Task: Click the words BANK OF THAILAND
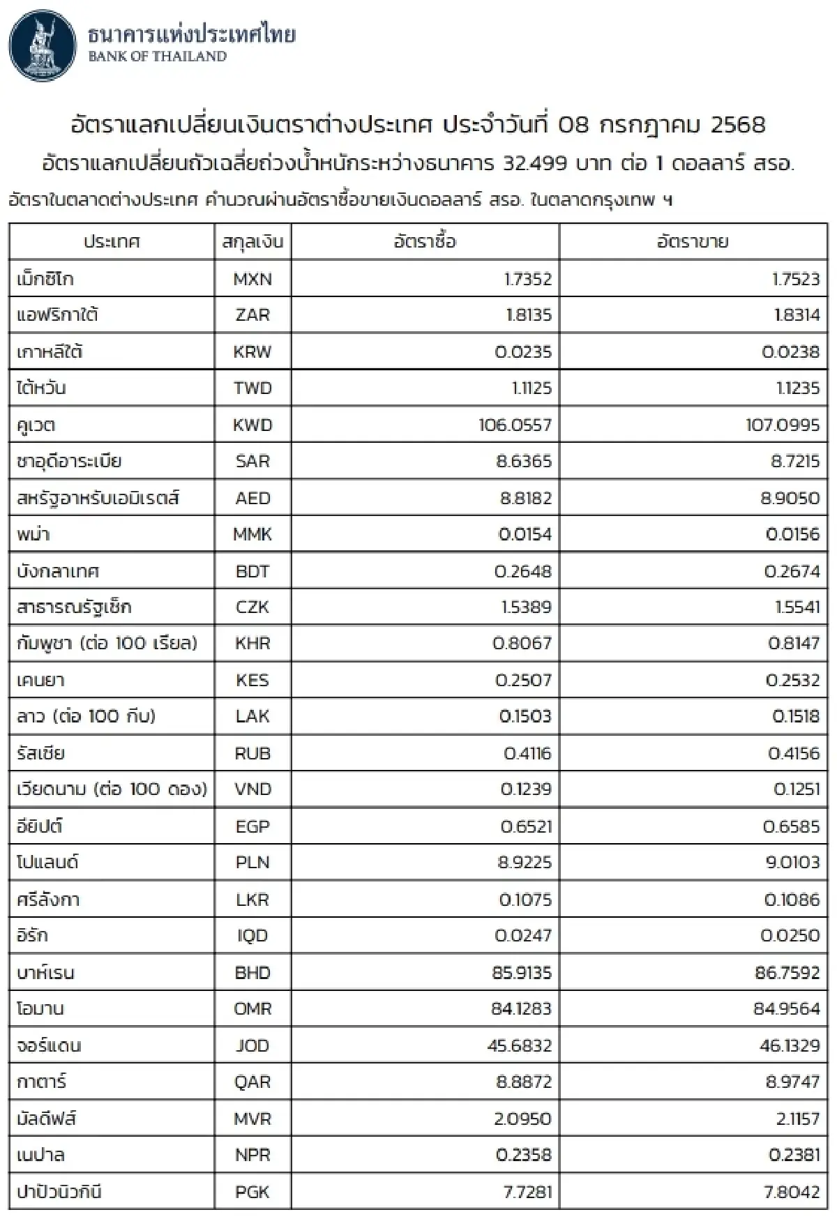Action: (158, 57)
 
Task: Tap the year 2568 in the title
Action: (738, 125)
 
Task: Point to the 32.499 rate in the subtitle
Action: (535, 164)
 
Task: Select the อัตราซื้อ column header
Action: (425, 242)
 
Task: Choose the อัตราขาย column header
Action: (693, 242)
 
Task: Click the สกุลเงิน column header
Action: (252, 242)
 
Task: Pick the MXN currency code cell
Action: (252, 279)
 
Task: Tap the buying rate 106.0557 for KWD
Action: (515, 425)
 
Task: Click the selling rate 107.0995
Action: (783, 425)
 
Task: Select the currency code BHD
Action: (252, 973)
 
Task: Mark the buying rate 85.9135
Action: (522, 973)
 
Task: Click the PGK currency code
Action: (252, 1192)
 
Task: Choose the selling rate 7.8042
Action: (792, 1192)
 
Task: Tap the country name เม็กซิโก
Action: (45, 279)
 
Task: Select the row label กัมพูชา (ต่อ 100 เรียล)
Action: (107, 643)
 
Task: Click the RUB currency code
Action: (252, 753)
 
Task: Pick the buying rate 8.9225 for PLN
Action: (525, 863)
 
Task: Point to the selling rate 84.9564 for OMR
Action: (787, 1009)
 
